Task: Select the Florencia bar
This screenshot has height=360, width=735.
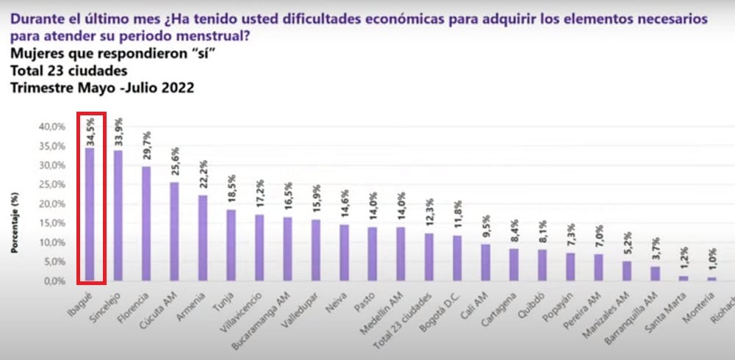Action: (146, 223)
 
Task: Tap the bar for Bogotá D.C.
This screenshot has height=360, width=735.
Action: (457, 258)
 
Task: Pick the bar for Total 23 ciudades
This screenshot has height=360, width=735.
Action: (429, 257)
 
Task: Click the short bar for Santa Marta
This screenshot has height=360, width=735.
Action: (684, 278)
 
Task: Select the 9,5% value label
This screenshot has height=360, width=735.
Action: (486, 227)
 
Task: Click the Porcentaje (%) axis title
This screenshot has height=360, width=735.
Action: (15, 222)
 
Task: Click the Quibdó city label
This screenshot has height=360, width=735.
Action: (534, 300)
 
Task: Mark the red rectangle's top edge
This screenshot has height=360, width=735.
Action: (92, 113)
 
